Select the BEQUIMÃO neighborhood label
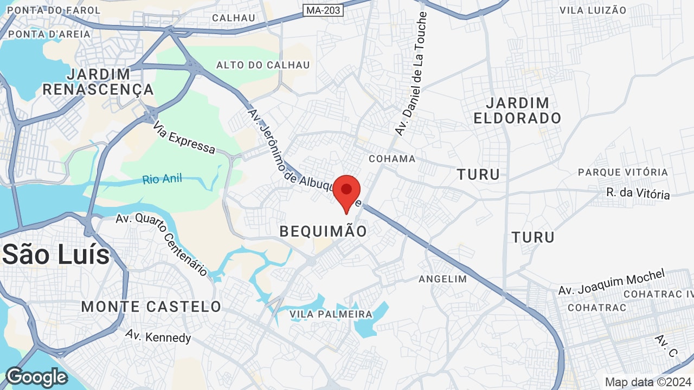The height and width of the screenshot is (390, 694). pos(323,232)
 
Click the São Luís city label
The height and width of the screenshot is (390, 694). pos(56,255)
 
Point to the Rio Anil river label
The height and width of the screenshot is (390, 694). pos(163,179)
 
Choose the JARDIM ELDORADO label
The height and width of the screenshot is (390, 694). pos(517,110)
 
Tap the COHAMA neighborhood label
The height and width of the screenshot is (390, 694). pos(391,159)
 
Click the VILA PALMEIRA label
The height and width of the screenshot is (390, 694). pos(331,314)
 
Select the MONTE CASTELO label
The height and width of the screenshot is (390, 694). pos(151,307)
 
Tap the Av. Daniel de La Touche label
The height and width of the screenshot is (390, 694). pos(412,74)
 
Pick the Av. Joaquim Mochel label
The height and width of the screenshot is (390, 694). pos(612,282)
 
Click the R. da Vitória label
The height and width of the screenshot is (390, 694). pos(638,193)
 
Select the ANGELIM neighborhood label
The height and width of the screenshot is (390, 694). pos(442,279)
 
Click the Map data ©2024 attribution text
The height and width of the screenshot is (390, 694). pos(648,382)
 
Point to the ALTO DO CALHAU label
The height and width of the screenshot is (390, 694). pos(263,65)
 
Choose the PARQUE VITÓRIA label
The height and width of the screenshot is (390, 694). pos(623,172)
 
